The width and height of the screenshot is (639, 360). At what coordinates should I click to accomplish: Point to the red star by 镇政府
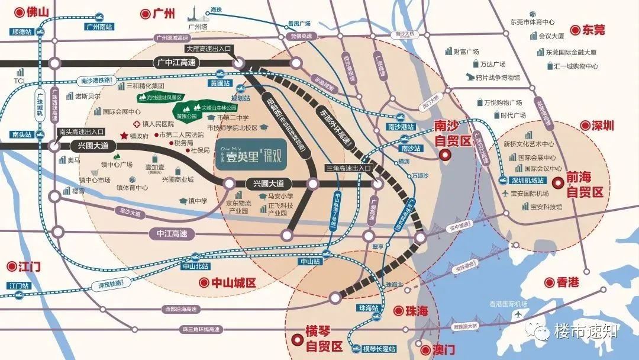click(x=124, y=136)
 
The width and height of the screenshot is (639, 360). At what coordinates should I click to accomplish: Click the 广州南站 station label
click(x=99, y=27)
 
